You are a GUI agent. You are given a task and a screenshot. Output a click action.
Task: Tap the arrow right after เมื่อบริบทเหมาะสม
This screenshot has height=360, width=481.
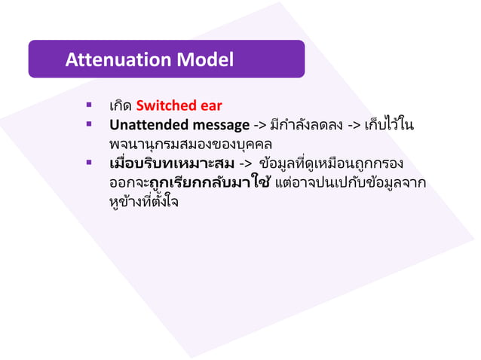(245, 163)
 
